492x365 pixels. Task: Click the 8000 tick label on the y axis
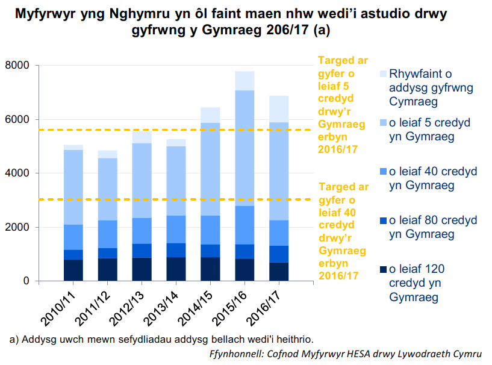(x=18, y=65)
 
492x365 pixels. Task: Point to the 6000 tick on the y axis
(x=18, y=119)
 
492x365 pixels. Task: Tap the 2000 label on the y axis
(x=18, y=227)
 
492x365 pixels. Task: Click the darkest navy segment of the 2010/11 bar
(x=73, y=270)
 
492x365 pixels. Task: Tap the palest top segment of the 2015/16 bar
(x=244, y=81)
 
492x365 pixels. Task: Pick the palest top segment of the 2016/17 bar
(x=279, y=109)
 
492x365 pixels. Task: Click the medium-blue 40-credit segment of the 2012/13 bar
(x=142, y=231)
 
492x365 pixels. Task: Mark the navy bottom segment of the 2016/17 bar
(x=279, y=272)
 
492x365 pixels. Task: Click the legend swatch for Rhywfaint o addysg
(x=383, y=74)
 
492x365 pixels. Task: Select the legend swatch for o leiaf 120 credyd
(x=383, y=269)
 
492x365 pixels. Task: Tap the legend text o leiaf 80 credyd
(x=433, y=226)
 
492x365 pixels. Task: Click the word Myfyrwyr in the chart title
(x=52, y=14)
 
